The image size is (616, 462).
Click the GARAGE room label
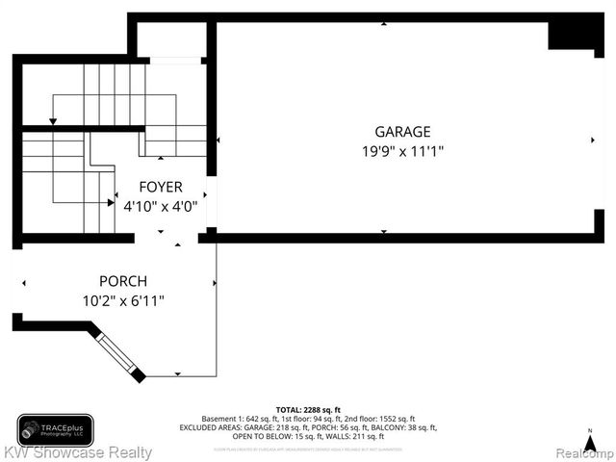click(402, 132)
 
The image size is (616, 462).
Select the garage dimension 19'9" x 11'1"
click(402, 151)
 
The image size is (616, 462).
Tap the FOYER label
click(160, 187)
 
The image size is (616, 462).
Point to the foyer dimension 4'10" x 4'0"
click(160, 205)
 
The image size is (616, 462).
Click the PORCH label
click(122, 281)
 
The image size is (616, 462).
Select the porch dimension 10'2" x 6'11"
click(122, 300)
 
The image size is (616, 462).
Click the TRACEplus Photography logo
click(55, 428)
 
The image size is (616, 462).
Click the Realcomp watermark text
click(581, 452)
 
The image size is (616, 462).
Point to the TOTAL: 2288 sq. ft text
click(308, 409)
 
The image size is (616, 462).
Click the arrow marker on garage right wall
click(592, 141)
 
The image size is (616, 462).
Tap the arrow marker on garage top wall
click(384, 23)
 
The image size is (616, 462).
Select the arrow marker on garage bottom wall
click(384, 232)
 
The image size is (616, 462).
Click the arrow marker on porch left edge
click(24, 283)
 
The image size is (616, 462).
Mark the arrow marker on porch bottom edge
click(177, 373)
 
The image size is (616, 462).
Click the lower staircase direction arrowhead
click(111, 202)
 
